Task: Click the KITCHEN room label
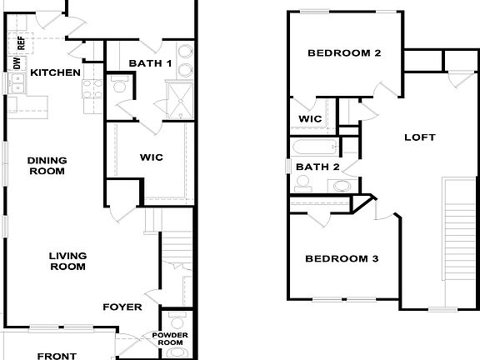[55, 72]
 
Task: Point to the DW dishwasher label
[17, 62]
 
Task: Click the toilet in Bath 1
[118, 85]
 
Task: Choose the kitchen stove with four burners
[91, 87]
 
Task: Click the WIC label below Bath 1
[150, 156]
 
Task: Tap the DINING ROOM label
[47, 166]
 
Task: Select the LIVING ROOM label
[67, 261]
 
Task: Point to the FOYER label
[122, 307]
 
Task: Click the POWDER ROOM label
[171, 339]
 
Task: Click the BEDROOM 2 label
[344, 53]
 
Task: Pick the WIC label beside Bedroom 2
[310, 119]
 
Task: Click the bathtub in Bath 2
[314, 149]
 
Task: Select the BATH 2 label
[317, 167]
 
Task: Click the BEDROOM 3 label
[342, 259]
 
